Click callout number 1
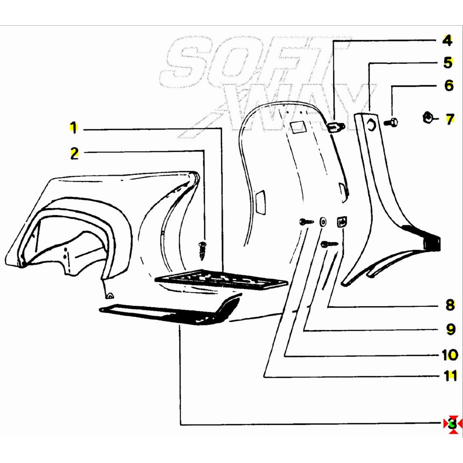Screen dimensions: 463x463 [74, 128]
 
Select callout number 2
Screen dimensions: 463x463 [74, 154]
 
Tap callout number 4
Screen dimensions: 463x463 [447, 41]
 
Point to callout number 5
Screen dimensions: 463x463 [448, 63]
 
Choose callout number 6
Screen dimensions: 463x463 [449, 85]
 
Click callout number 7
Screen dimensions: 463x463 [450, 119]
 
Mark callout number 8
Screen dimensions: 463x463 [450, 305]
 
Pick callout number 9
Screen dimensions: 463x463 [450, 329]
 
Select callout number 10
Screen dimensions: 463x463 [450, 355]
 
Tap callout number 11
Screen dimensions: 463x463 [450, 375]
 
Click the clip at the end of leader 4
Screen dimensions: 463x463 [335, 127]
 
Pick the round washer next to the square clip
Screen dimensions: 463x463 [323, 222]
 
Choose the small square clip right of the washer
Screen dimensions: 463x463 [341, 221]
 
